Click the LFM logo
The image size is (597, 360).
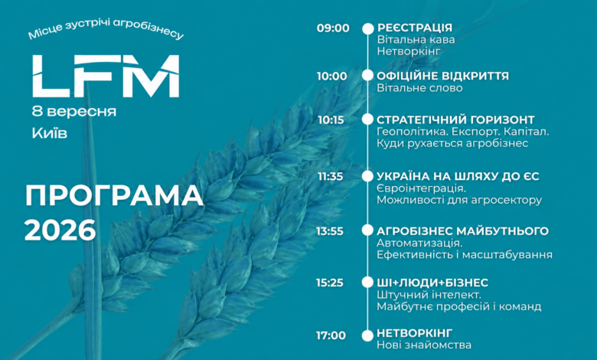tap(106, 76)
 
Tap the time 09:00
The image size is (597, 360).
tap(333, 28)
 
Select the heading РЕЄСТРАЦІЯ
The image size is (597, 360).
tap(415, 28)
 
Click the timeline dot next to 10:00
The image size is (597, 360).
tap(367, 75)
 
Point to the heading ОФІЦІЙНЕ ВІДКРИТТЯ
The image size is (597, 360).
tap(443, 76)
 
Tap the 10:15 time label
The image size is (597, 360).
tap(331, 120)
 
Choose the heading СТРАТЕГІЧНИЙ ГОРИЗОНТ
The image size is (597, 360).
tap(455, 119)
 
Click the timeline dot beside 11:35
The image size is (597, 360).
tap(367, 176)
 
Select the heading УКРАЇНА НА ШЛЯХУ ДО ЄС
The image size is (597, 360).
tap(458, 176)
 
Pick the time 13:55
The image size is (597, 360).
tap(330, 231)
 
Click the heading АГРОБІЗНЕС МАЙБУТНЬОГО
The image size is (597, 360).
tap(462, 231)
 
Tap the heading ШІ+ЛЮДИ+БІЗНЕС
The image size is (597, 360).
tap(432, 283)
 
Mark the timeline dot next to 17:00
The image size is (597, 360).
tap(367, 335)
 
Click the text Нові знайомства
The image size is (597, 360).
tap(424, 345)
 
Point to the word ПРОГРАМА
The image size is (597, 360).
tap(114, 196)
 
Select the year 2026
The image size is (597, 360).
tap(60, 230)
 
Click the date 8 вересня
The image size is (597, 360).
tap(74, 111)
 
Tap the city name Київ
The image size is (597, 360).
tap(50, 133)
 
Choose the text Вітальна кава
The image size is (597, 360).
tap(416, 40)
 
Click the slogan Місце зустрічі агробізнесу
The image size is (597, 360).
tap(106, 29)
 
